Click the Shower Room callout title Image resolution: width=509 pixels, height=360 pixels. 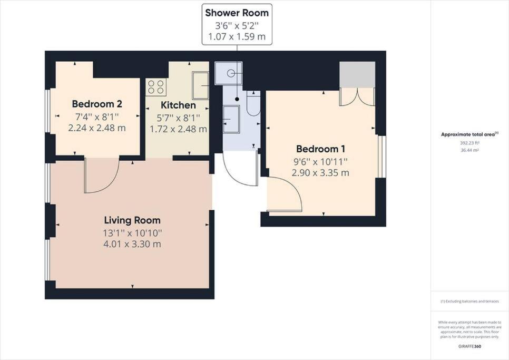point(237,13)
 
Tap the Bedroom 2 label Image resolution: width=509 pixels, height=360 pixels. point(97,104)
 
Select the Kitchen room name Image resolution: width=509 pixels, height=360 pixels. point(178,105)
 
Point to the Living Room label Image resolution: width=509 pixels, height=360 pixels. point(132,220)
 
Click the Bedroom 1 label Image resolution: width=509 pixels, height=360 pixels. point(320,149)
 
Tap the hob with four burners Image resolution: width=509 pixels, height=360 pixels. point(156,87)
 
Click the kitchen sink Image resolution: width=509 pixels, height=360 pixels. point(200,86)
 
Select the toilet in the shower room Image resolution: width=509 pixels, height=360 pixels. point(253,103)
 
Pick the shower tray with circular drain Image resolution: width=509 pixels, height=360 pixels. point(229,73)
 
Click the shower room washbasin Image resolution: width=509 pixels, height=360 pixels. point(231,119)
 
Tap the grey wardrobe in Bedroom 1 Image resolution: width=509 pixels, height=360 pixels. point(357,75)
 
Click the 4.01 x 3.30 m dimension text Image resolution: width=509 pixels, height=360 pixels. point(132,244)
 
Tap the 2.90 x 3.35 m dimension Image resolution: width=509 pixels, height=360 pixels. point(320,172)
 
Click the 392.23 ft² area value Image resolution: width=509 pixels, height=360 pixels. point(469,142)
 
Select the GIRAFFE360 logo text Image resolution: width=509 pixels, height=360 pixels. point(469,346)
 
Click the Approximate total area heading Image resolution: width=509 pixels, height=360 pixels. point(469,134)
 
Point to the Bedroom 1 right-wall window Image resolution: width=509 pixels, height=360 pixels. point(381,157)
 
